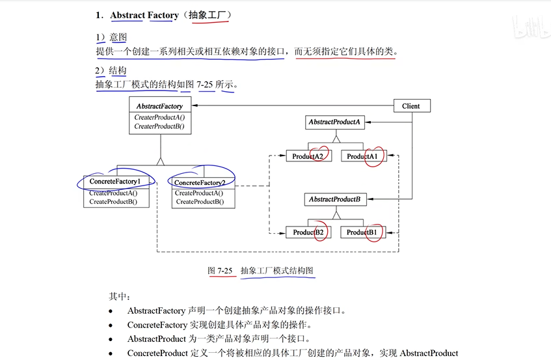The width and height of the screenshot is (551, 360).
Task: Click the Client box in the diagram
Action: coord(411,106)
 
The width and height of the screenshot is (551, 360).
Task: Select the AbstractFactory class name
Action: coord(159,106)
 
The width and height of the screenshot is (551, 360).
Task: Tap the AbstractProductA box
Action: coord(334,122)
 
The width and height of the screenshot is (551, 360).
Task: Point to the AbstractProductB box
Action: coord(334,199)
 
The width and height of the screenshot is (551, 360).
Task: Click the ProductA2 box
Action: coord(308,156)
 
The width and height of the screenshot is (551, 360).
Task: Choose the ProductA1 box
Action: coord(362,156)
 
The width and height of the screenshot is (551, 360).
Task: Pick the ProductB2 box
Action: coord(308,232)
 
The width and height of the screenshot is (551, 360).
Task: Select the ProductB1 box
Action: coord(362,232)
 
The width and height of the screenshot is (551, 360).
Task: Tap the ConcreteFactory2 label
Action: coord(200,183)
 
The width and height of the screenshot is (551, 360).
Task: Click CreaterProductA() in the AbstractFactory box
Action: coord(159,117)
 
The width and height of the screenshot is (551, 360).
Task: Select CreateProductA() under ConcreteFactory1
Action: coord(113,193)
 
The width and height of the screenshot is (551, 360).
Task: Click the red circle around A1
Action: coord(374,156)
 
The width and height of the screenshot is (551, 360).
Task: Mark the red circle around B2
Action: coord(319,232)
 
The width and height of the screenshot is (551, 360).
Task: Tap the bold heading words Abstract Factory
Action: coord(144,15)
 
